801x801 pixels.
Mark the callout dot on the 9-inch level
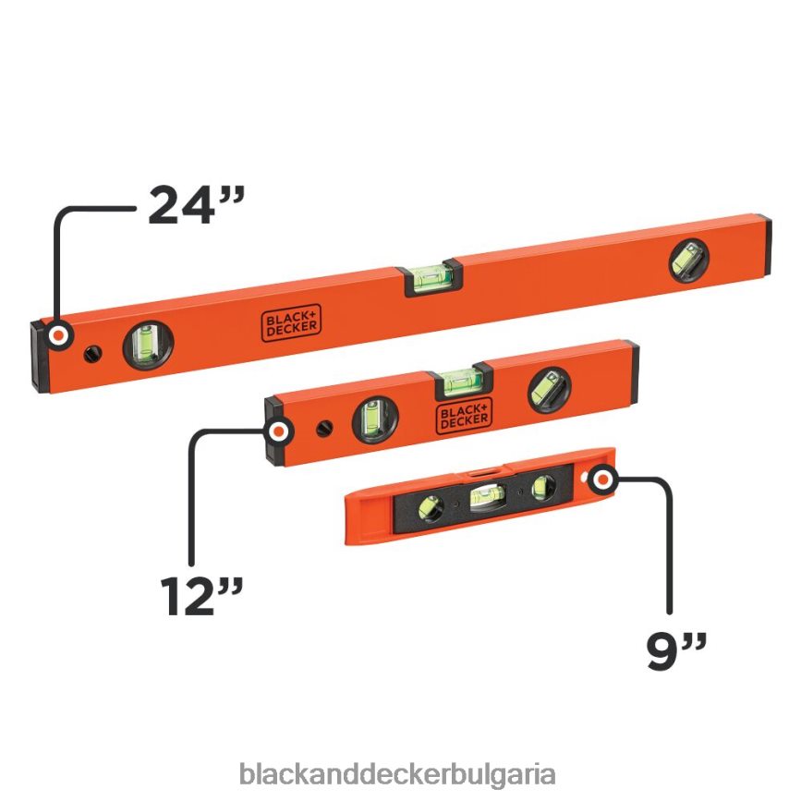point(602,479)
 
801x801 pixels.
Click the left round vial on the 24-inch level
point(146,344)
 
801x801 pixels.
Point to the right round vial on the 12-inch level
point(549,388)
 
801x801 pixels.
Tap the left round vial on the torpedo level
point(430,507)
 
